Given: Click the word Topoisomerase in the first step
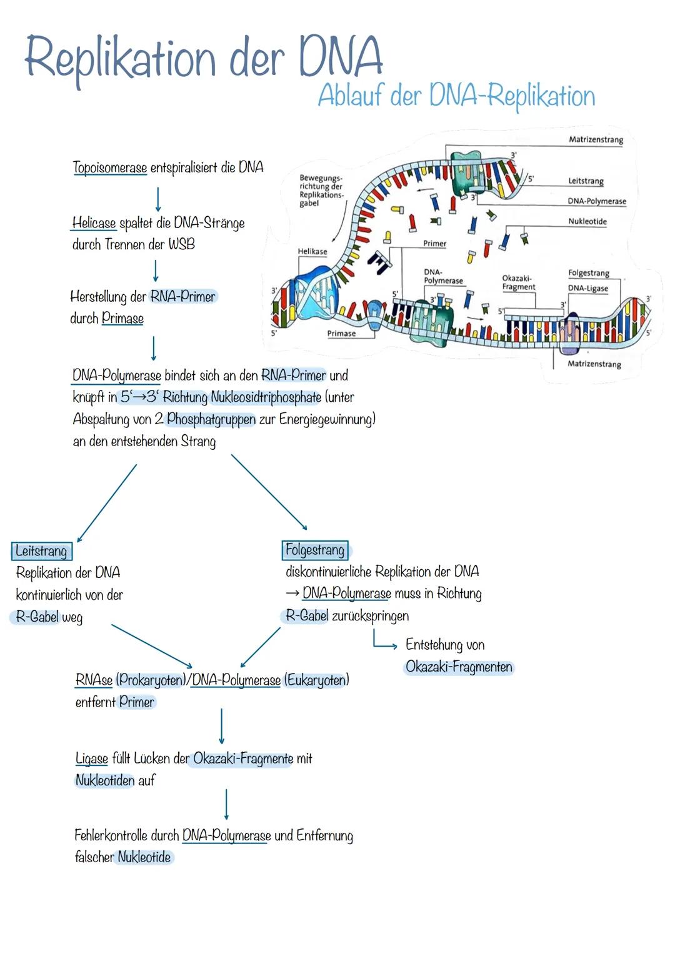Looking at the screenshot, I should [x=110, y=167].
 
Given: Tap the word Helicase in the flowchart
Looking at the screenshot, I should [x=94, y=223].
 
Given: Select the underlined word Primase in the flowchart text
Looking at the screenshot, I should [x=123, y=319].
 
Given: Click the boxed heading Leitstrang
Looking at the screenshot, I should [x=41, y=551].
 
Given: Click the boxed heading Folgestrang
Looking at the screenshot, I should [x=315, y=550].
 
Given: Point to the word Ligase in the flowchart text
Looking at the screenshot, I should [x=91, y=758].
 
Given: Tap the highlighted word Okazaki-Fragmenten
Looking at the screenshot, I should [x=459, y=667].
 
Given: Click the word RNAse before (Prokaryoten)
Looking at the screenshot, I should [x=94, y=680].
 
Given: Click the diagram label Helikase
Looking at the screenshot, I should [x=312, y=251].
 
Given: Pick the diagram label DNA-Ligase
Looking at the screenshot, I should [x=587, y=288].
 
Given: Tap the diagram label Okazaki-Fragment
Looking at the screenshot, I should [x=518, y=282].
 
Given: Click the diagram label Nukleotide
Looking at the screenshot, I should [x=587, y=221].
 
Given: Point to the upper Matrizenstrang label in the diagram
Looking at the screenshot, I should [x=596, y=139].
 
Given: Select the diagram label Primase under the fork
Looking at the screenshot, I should [x=341, y=333].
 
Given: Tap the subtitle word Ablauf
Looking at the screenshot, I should [x=350, y=96].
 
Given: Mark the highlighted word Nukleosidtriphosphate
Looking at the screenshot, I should [x=266, y=397].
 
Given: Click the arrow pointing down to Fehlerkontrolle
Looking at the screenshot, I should [x=226, y=803].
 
